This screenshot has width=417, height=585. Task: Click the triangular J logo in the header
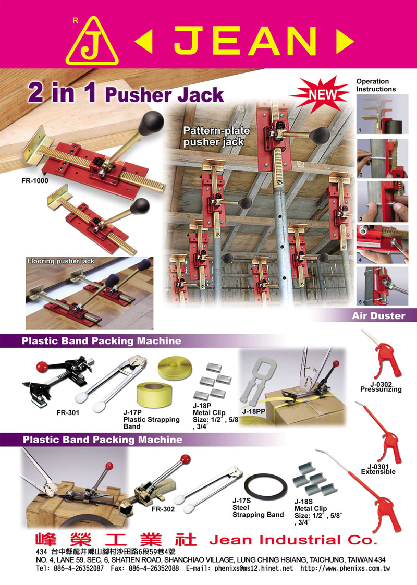(x=92, y=41)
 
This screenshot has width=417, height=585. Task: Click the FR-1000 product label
(x=35, y=181)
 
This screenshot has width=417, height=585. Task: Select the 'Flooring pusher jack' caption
(x=61, y=261)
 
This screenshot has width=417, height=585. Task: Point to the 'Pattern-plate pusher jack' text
(x=217, y=136)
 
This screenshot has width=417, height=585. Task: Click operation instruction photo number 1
(x=382, y=114)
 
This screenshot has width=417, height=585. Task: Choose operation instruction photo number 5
(x=382, y=286)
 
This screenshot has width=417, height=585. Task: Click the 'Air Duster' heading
(x=378, y=316)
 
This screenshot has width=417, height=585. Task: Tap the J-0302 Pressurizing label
(x=381, y=387)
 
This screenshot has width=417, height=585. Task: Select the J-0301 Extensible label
(x=378, y=469)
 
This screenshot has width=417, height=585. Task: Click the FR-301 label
(x=68, y=412)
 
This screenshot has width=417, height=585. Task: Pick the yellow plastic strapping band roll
(x=153, y=396)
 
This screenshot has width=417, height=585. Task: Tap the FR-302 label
(x=163, y=509)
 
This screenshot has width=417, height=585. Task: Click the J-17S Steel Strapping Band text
(x=258, y=507)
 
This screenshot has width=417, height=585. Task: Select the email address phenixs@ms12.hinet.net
(x=254, y=569)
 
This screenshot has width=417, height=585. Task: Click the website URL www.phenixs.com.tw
(x=346, y=569)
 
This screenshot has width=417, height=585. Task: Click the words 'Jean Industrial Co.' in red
(x=293, y=540)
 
